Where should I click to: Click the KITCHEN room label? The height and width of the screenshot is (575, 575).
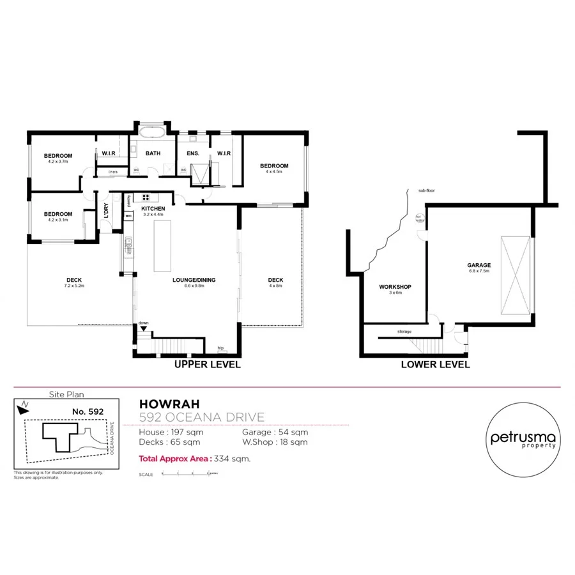click(153, 209)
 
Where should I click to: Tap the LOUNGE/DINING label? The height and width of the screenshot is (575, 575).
click(194, 280)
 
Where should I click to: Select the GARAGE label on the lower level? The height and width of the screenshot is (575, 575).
click(479, 265)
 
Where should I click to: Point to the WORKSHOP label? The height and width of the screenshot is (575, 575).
click(395, 287)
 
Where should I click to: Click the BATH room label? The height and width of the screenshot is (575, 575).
click(153, 153)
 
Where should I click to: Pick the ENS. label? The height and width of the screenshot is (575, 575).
click(193, 153)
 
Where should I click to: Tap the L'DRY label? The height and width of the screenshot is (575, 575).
click(107, 211)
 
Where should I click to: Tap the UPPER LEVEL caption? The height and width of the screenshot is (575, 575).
click(208, 365)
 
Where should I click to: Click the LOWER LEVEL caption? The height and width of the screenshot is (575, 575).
click(435, 365)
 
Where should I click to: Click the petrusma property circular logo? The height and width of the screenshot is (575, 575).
click(523, 440)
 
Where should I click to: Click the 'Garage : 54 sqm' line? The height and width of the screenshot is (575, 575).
click(275, 432)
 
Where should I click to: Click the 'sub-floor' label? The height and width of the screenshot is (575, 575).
click(425, 190)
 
